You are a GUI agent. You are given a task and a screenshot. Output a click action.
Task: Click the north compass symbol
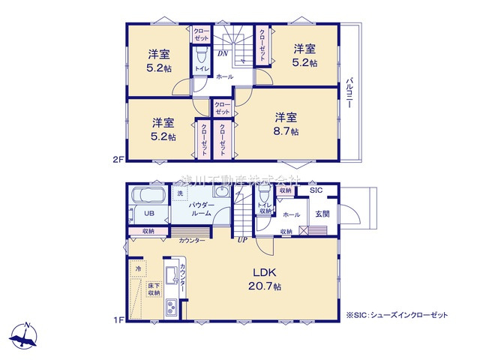click(x=25, y=335)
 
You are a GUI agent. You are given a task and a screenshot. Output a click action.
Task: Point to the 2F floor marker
click(x=118, y=159)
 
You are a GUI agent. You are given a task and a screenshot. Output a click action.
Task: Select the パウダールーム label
click(x=202, y=208)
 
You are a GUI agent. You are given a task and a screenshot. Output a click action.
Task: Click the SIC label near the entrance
click(x=318, y=191)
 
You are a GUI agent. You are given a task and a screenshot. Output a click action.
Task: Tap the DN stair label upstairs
click(x=223, y=54)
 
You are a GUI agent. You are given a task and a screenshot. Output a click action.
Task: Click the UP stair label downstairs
click(x=242, y=240)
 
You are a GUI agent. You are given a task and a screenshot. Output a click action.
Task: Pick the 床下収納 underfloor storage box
click(x=153, y=289)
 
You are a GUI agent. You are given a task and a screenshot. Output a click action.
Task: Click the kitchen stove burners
click(x=169, y=307)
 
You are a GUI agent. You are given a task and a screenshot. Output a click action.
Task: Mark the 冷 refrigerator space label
click(x=138, y=267)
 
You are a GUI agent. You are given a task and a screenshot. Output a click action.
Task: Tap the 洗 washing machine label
click(x=179, y=194)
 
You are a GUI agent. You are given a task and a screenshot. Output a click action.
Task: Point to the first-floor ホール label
click(x=291, y=214)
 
